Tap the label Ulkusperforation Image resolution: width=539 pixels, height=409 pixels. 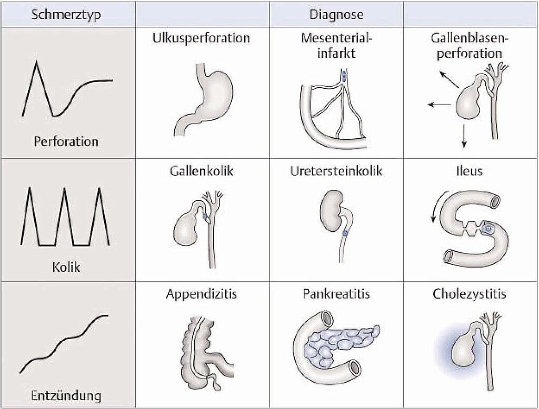pos(202,38)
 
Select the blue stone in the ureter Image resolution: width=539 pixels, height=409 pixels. pos(345,233)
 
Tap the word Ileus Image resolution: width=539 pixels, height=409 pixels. pos(469,172)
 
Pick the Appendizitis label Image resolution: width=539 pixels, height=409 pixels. pos(202,294)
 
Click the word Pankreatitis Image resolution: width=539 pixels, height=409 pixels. pos(336,294)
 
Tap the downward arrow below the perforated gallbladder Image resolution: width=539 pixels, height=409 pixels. pos(464,135)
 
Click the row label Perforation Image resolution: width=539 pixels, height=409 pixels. pos(66,141)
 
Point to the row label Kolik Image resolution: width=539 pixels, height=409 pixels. pos(66,267)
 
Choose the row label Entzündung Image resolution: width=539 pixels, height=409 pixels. pos(66,395)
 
